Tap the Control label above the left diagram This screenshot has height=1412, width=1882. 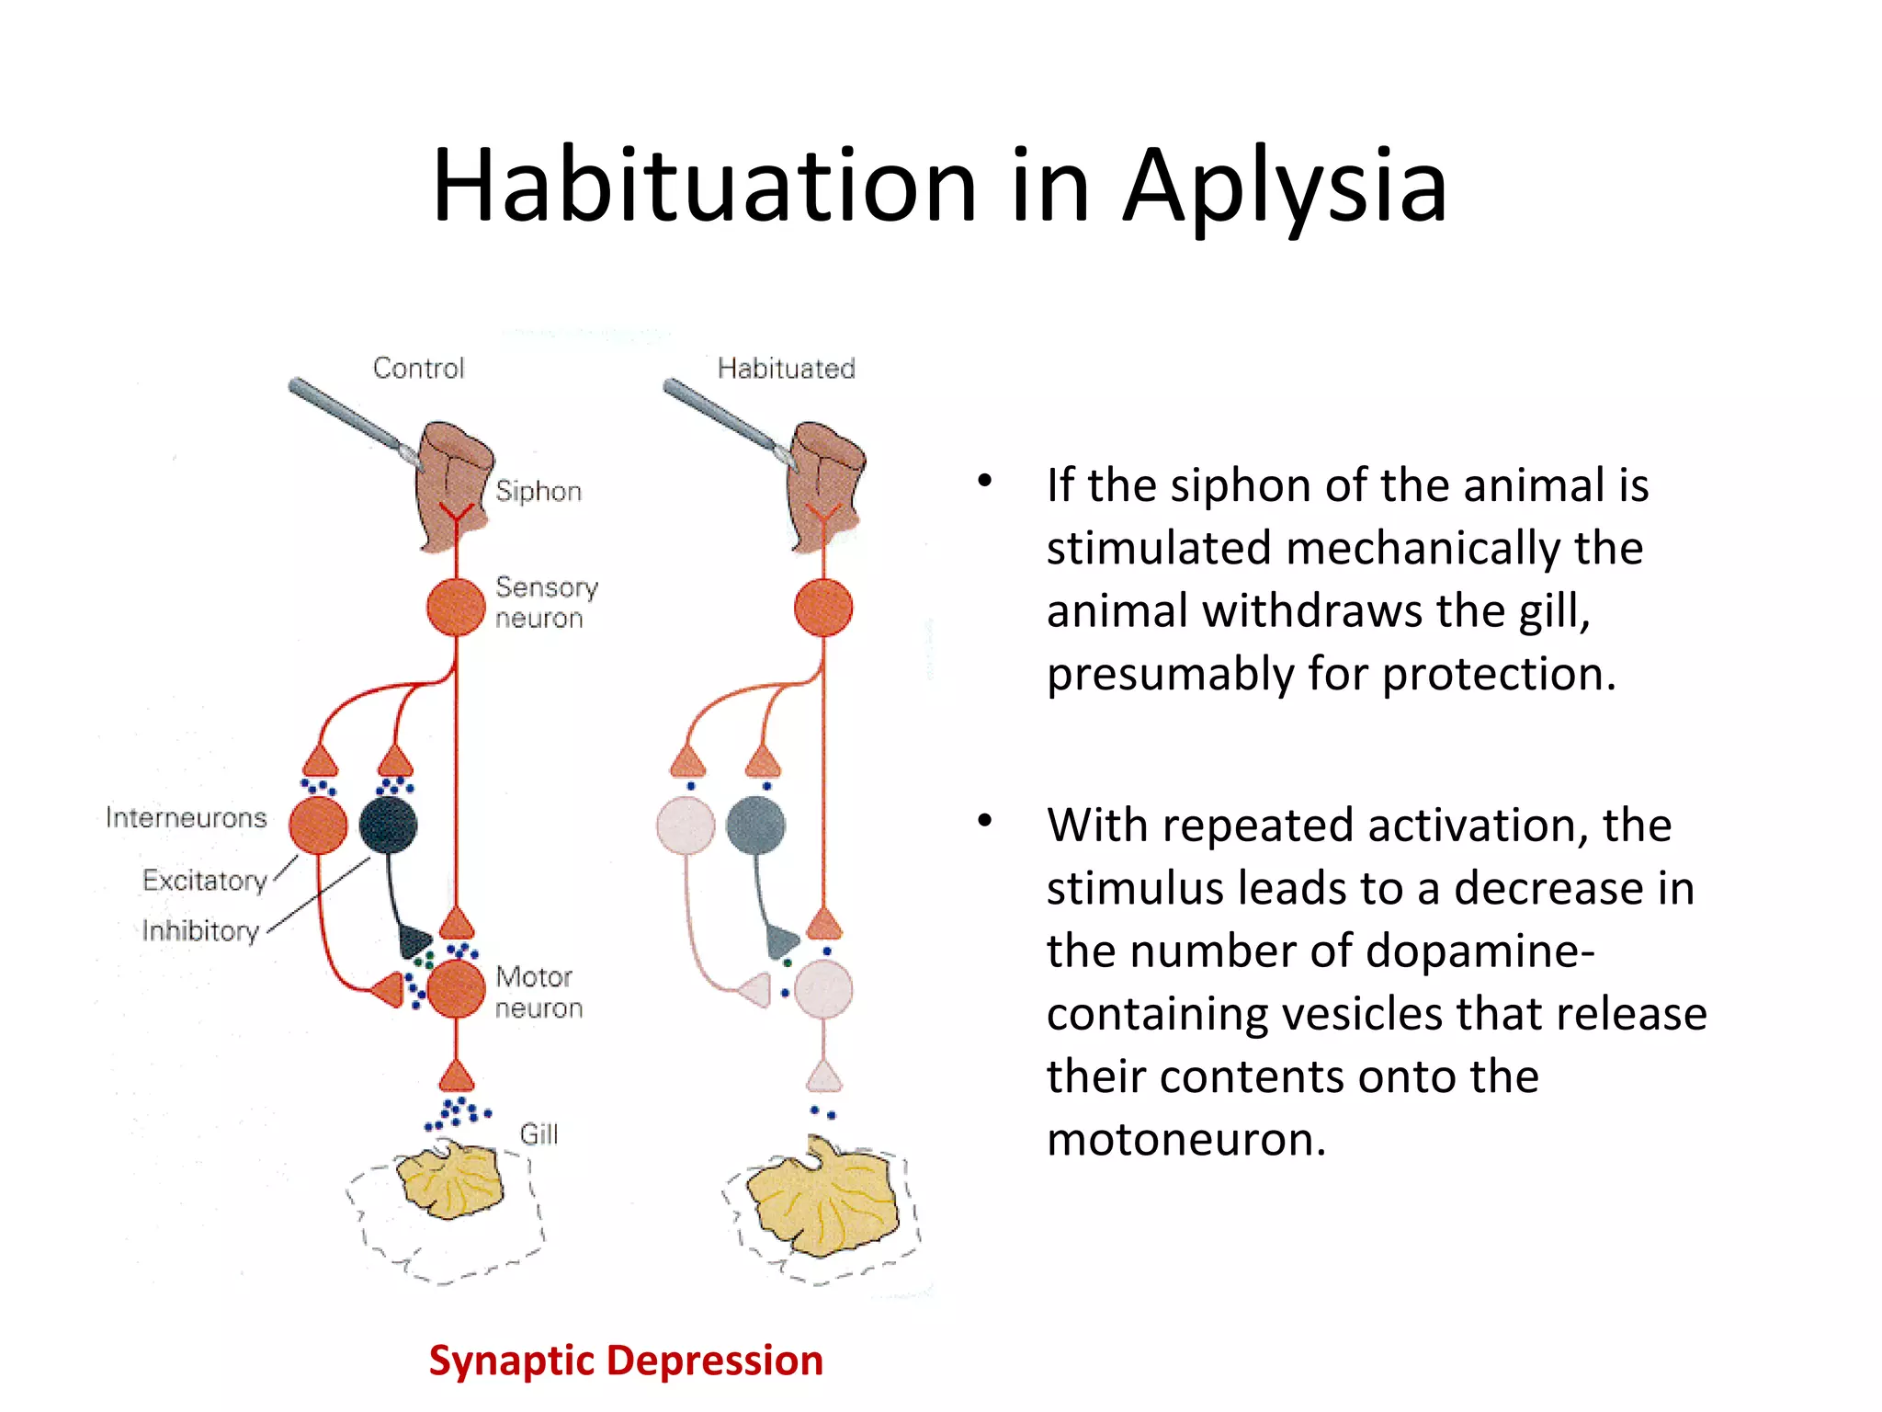pos(418,369)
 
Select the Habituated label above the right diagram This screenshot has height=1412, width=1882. pos(786,369)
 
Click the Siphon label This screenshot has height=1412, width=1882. pos(539,491)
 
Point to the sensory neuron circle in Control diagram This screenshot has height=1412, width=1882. pos(456,607)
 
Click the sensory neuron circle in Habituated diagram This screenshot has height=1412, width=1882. pos(823,608)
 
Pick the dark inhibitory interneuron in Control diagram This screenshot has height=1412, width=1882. pos(388,826)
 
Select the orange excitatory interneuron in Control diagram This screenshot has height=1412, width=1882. pos(318,826)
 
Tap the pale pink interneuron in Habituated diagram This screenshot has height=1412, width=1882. pos(686,826)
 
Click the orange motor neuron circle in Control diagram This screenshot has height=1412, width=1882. pos(456,989)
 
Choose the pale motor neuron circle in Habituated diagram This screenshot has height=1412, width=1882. pos(823,989)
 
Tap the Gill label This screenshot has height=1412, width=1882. pos(539,1134)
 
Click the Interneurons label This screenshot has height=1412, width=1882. pos(186,817)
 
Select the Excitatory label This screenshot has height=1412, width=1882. pos(204,881)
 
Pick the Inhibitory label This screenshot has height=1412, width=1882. pos(200,931)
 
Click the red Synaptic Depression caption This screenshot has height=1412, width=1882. pos(626,1361)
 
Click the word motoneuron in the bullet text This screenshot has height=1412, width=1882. pos(1185,1139)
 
